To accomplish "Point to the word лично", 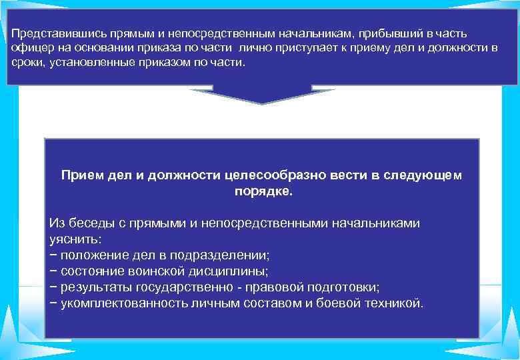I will [x=249, y=47].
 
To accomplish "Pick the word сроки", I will [x=26, y=62].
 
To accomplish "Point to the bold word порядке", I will [x=263, y=190].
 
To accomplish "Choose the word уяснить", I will [x=74, y=238].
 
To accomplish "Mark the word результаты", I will [x=97, y=287].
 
